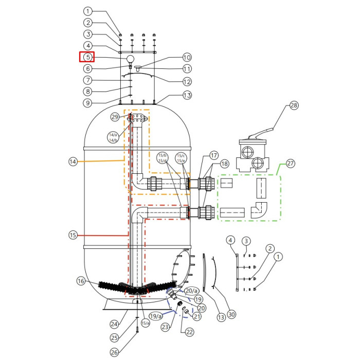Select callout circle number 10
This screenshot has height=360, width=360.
coord(187,58)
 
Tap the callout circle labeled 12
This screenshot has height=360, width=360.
coord(187,81)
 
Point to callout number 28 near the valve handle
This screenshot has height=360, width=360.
coord(294,105)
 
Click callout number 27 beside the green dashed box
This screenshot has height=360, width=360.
coord(291,164)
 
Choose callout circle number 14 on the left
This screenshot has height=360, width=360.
coord(73,161)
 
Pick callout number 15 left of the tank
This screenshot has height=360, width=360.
coord(73,235)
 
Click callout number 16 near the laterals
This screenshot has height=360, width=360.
coord(81,281)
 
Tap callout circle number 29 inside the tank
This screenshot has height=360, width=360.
coord(115,117)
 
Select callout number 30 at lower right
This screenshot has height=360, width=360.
coord(231,315)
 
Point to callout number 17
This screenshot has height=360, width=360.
coord(214,154)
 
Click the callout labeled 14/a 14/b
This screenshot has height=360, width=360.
coord(113,137)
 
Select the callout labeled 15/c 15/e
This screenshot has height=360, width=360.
coord(181,158)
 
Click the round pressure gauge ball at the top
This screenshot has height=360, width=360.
coord(130,59)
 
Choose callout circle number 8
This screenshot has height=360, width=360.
coord(88,92)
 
